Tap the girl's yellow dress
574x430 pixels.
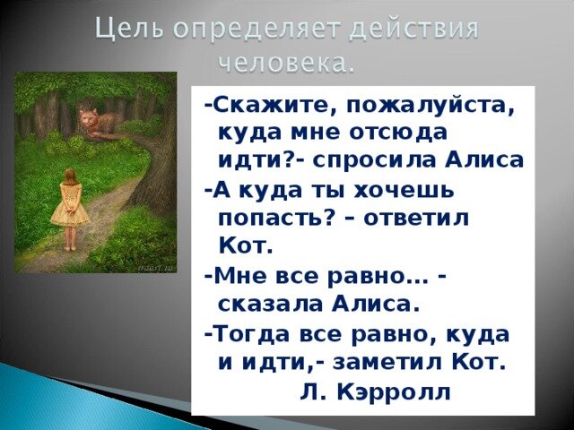[70, 209]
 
